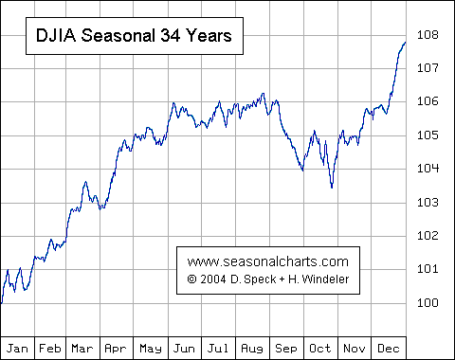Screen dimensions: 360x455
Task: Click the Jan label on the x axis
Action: point(17,349)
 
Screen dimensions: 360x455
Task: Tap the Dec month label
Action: point(390,349)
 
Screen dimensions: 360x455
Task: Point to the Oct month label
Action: point(321,349)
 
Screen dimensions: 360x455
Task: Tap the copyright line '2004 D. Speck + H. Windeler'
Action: point(268,279)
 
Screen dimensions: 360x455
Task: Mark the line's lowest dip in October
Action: point(332,188)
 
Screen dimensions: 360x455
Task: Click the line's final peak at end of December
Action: point(405,43)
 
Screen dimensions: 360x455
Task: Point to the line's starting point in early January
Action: point(2,303)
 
